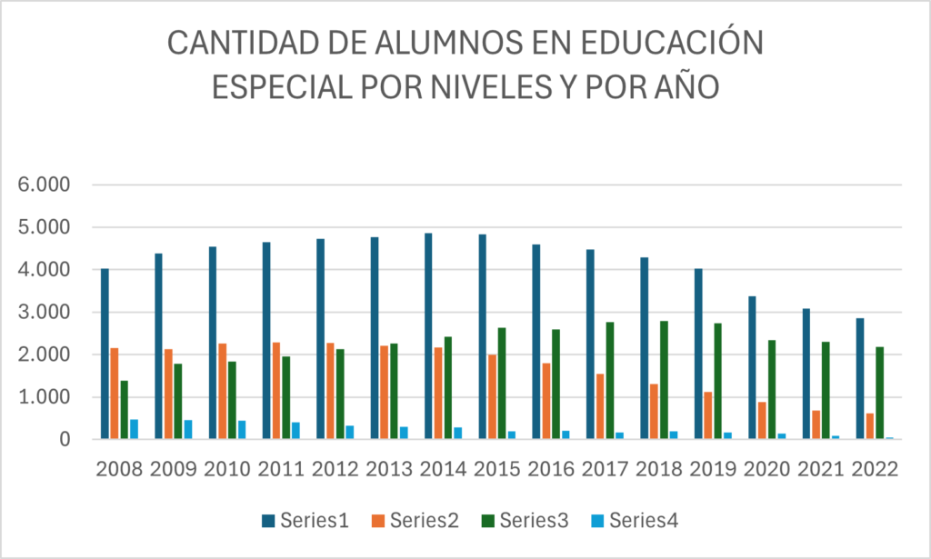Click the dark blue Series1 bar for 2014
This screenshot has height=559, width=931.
pyautogui.click(x=428, y=336)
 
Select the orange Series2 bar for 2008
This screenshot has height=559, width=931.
pyautogui.click(x=115, y=394)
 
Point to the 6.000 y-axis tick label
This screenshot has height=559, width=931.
pyautogui.click(x=45, y=185)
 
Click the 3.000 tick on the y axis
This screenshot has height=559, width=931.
pyautogui.click(x=45, y=312)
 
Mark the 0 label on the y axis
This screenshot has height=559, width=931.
pyautogui.click(x=65, y=440)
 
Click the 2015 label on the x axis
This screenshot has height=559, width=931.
pyautogui.click(x=496, y=469)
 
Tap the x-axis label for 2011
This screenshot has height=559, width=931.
pyautogui.click(x=281, y=469)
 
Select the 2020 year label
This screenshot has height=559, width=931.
pyautogui.click(x=766, y=469)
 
